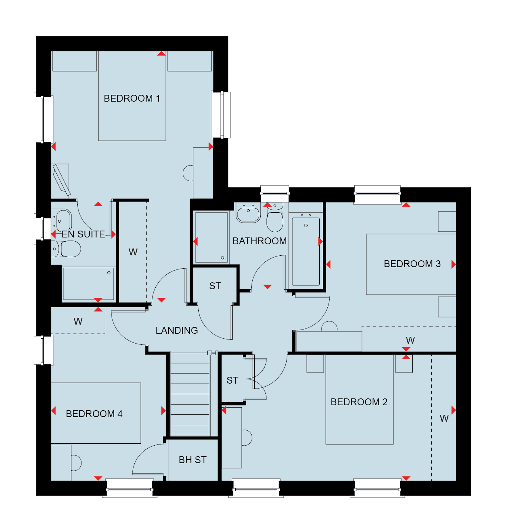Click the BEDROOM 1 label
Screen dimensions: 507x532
pyautogui.click(x=132, y=98)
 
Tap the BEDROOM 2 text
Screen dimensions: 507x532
pyautogui.click(x=359, y=402)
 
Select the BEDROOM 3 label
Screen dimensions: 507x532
pyautogui.click(x=412, y=264)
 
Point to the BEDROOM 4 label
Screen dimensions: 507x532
pyautogui.click(x=94, y=414)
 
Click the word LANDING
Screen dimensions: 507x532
pyautogui.click(x=177, y=330)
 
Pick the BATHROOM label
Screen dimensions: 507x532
pyautogui.click(x=260, y=241)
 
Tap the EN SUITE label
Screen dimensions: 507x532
pyautogui.click(x=83, y=234)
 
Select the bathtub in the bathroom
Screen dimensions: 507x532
pyautogui.click(x=306, y=252)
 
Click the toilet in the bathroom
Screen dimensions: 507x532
pyautogui.click(x=275, y=218)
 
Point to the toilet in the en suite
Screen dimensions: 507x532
pyautogui.click(x=66, y=249)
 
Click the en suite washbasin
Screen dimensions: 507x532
pyautogui.click(x=62, y=221)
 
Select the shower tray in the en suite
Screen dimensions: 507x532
pyautogui.click(x=89, y=284)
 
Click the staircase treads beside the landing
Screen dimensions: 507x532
pyautogui.click(x=190, y=394)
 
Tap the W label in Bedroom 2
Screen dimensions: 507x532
pyautogui.click(x=444, y=418)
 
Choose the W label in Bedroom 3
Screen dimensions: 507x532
pyautogui.click(x=410, y=340)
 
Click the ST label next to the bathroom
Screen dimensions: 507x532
pyautogui.click(x=215, y=286)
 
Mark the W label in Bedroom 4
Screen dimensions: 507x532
pyautogui.click(x=78, y=321)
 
